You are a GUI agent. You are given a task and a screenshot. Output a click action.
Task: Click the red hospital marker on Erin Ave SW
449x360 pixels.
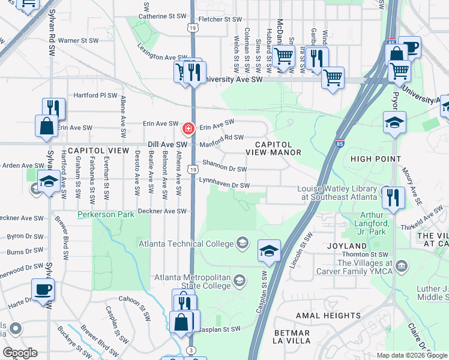188,129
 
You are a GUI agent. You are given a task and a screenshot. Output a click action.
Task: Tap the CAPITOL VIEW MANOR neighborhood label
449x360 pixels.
274,149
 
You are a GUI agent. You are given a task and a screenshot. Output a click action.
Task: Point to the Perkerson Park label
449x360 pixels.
105,214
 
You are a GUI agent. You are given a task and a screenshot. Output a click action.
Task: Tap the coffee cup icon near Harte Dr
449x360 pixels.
43,290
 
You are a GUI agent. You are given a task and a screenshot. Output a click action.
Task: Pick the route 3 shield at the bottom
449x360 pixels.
190,350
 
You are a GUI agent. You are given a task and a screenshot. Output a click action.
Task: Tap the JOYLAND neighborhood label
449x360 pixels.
347,246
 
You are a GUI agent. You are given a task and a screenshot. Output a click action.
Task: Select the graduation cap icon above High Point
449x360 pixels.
394,122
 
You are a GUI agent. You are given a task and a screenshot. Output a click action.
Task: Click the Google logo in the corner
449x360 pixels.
19,353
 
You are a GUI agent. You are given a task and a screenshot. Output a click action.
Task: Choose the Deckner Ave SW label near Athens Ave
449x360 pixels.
162,211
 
